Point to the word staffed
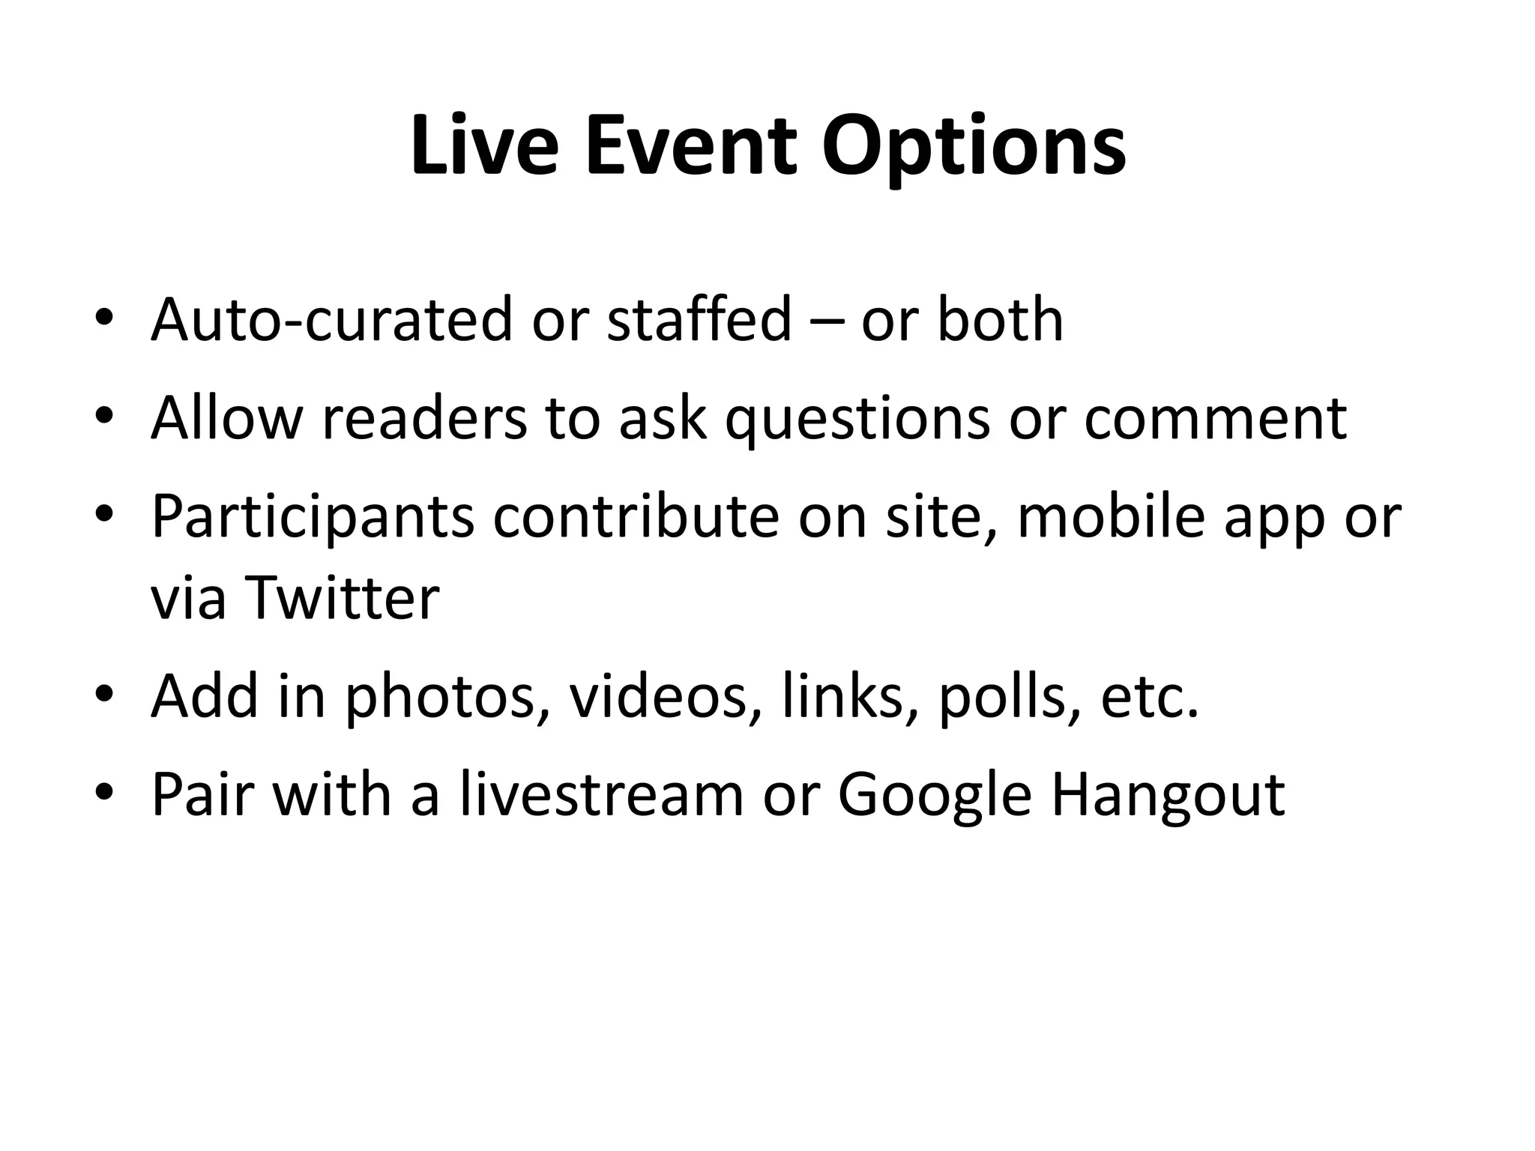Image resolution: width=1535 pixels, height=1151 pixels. pyautogui.click(x=699, y=320)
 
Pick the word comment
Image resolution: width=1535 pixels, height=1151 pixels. pyautogui.click(x=1215, y=418)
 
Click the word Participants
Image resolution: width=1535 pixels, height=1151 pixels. pyautogui.click(x=313, y=518)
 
